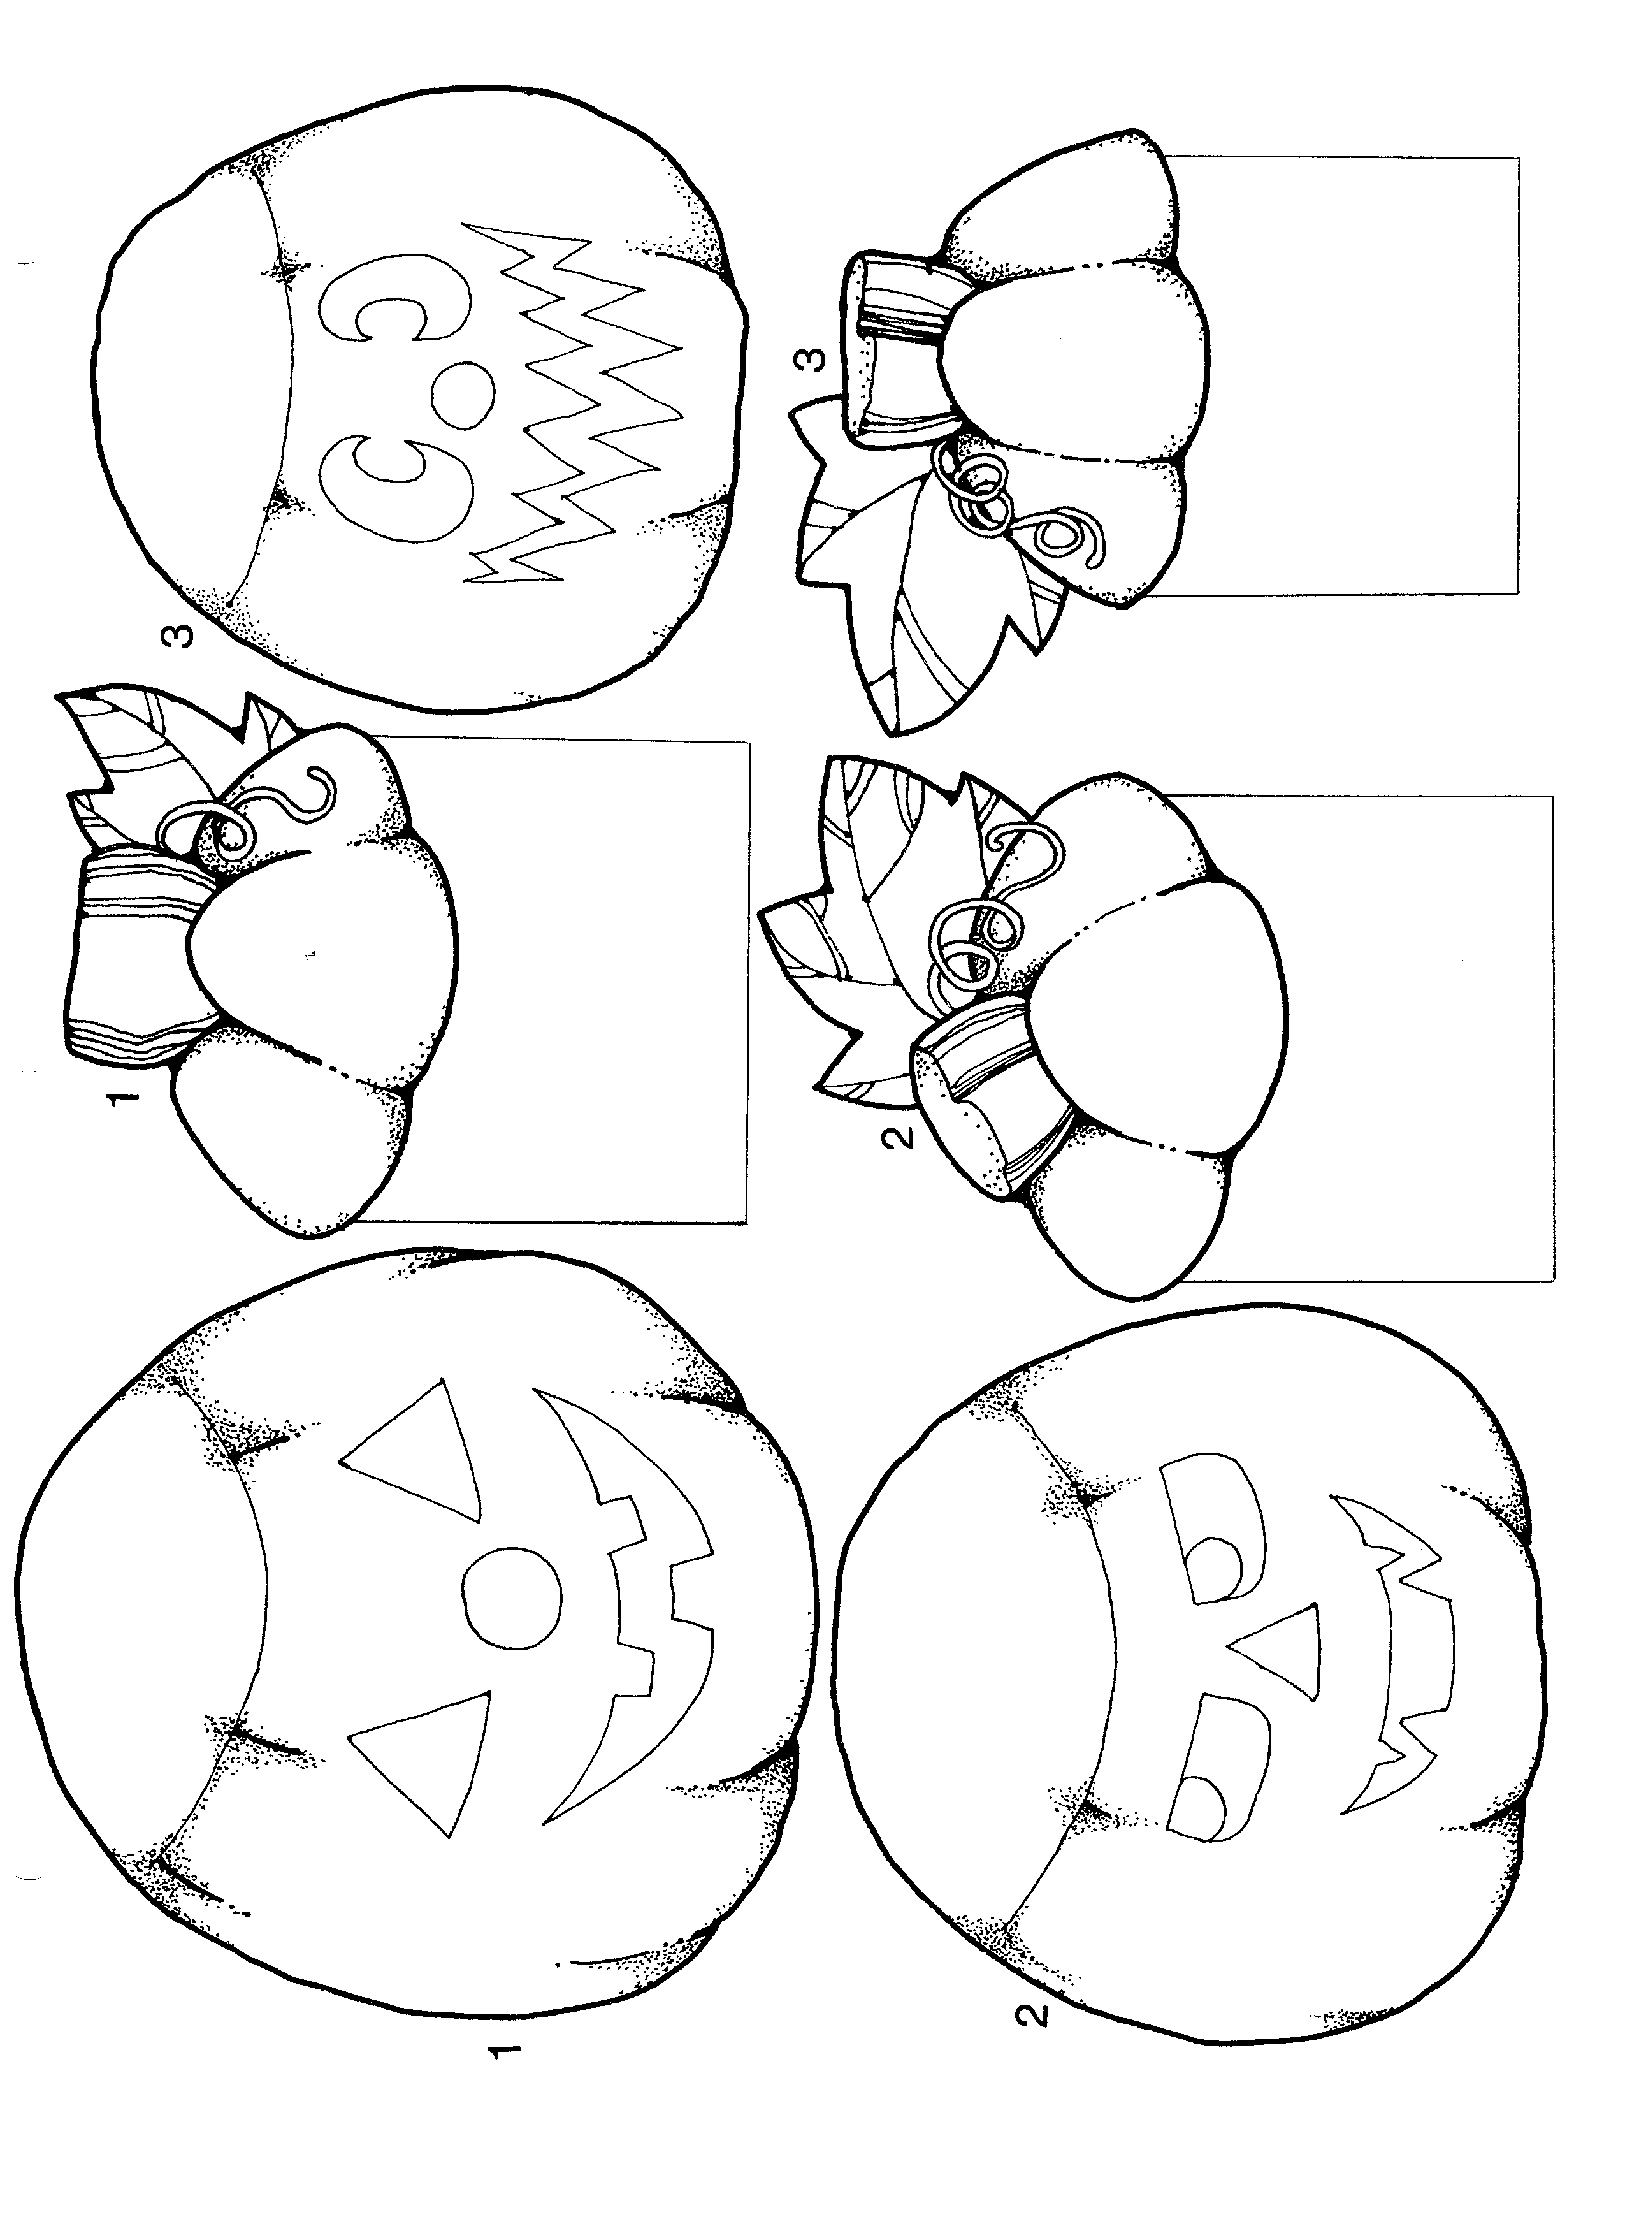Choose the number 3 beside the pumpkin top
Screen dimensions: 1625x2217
coord(811,362)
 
